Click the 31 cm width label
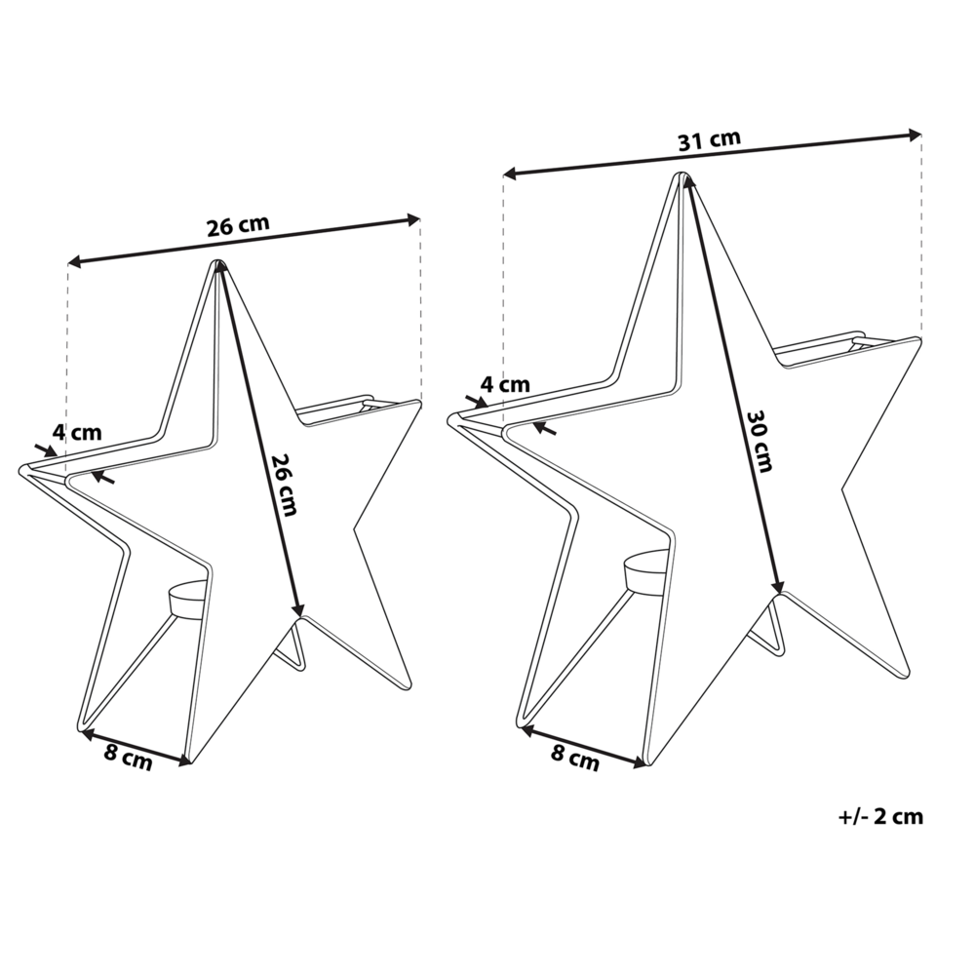[x=709, y=139]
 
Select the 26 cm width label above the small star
[x=237, y=226]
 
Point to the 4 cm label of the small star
[x=76, y=431]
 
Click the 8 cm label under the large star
[x=575, y=756]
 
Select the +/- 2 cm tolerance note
[x=879, y=817]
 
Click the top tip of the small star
[x=218, y=264]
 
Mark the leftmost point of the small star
[x=21, y=471]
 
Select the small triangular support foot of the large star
[x=768, y=635]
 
